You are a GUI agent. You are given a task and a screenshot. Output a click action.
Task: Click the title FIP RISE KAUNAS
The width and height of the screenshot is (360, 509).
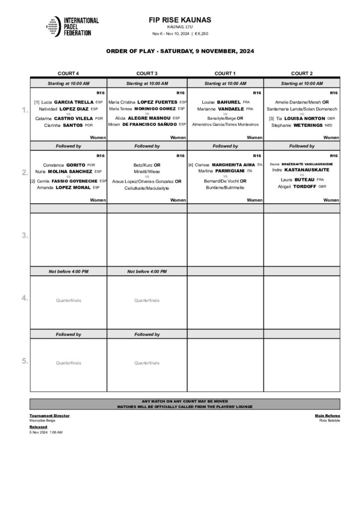180,20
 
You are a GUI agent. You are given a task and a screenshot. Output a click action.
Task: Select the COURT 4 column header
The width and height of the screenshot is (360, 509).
68,73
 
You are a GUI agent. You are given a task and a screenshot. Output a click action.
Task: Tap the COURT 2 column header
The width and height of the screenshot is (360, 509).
302,73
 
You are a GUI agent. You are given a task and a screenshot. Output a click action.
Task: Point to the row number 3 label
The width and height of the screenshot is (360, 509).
24,236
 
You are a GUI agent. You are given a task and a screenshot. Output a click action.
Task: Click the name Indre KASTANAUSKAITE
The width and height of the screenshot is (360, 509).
302,170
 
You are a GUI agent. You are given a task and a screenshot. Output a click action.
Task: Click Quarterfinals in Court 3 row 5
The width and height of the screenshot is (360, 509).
147,363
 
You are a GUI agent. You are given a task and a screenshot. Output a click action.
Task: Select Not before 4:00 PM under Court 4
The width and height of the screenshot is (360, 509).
68,271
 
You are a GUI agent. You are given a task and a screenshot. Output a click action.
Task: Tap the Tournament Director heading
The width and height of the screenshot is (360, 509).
49,415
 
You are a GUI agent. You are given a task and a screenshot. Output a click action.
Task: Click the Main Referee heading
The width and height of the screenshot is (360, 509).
327,415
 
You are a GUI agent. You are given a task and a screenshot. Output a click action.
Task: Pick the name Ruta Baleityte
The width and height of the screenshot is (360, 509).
330,421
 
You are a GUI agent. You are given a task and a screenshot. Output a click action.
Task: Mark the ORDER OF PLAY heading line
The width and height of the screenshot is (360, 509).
180,51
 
